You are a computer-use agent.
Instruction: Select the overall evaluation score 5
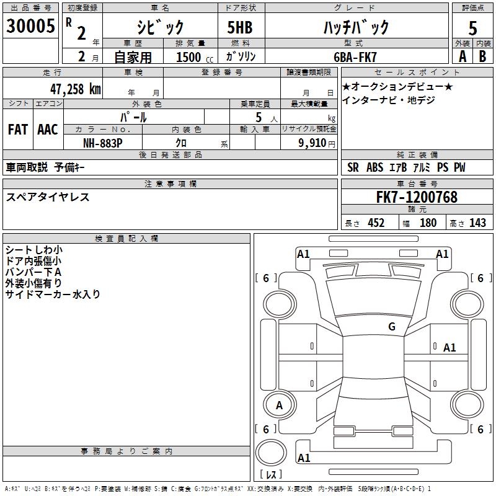point(472,29)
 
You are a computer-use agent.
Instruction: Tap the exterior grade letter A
point(462,55)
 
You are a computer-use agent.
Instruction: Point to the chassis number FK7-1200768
point(417,197)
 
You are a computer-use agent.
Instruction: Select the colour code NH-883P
point(103,143)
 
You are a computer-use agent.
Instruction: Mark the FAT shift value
point(17,130)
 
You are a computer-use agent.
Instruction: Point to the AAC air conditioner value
point(48,130)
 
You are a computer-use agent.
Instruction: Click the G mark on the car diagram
point(391,327)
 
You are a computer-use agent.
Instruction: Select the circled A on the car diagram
point(279,405)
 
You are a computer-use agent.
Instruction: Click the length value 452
point(376,223)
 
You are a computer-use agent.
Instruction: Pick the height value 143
point(477,223)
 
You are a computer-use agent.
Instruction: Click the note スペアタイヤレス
point(48,197)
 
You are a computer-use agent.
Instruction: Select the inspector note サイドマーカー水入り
point(53,294)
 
